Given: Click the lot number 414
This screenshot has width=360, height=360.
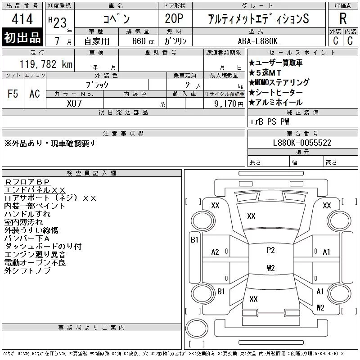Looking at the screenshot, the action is pos(22,18).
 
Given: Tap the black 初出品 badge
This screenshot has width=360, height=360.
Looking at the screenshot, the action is pos(22,37).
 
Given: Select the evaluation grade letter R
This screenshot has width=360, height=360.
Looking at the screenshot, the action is pos(343,18).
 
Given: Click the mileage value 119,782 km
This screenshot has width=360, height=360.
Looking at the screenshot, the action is pos(46,64).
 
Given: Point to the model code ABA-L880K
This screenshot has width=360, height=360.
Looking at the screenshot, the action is pos(257,41).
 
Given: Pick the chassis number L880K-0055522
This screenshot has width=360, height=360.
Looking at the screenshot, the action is pos(302,143).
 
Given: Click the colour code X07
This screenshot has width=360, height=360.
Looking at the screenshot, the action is pos(74,103).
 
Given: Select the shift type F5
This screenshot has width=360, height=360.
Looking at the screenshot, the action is pos(13,94).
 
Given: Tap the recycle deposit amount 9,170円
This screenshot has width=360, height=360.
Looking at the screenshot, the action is pos(229,104).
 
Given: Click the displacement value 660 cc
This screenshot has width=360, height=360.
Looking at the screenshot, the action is pos(143,41).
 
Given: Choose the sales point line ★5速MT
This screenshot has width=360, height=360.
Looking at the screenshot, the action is pos(265,72).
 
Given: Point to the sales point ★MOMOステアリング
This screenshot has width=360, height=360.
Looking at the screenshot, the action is pos(279,82).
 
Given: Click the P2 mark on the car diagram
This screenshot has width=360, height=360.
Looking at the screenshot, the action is pos(271,250).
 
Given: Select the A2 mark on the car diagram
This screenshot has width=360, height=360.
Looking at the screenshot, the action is pos(215,252).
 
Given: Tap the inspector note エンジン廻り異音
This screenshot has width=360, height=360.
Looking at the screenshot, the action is pos(35,254).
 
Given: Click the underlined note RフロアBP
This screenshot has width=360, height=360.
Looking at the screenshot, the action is pos(27,182).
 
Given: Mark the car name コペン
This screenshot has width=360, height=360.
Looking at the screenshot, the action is pos(117,18).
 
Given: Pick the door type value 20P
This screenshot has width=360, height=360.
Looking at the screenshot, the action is pos(174,18).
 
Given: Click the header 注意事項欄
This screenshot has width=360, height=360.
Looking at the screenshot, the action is pos(123,133).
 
